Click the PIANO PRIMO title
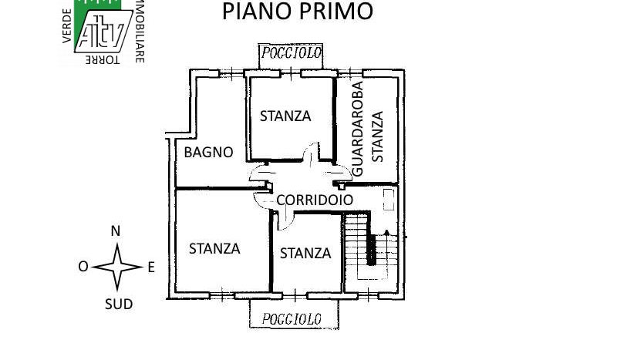298,11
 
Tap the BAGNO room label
208,153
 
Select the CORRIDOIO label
315,200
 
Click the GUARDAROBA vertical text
357,129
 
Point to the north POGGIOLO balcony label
292,52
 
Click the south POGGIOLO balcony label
292,318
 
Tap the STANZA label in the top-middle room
285,116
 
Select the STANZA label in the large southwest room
214,249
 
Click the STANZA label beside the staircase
305,254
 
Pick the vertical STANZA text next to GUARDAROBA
377,136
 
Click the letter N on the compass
115,231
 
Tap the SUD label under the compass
119,304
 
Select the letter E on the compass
151,268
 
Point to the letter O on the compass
83,267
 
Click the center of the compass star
118,267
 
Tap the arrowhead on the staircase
386,233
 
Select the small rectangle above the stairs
389,199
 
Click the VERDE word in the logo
67,26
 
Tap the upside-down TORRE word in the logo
103,60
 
